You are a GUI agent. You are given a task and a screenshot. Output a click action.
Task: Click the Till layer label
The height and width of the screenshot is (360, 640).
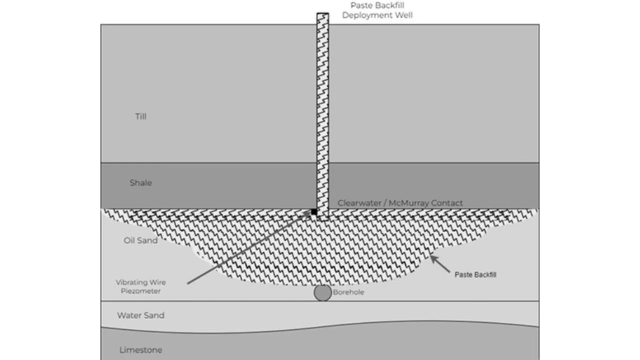point(140,116)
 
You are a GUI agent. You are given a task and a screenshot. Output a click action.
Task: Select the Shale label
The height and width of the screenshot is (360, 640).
point(140,183)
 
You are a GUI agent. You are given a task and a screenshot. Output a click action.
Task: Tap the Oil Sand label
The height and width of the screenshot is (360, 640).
point(140,240)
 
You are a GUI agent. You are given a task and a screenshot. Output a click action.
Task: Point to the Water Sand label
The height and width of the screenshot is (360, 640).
point(140,315)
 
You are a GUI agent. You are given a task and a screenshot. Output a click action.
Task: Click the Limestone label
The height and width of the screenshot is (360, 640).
point(140,350)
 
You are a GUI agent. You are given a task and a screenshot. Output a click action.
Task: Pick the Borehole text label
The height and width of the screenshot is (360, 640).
point(348,292)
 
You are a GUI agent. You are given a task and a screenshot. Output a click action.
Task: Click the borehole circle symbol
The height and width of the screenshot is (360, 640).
point(322,293)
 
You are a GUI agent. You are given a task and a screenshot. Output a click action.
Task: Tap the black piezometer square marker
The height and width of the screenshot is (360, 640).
point(314,212)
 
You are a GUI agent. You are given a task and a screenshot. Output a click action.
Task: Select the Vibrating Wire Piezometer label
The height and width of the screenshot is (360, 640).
point(140,286)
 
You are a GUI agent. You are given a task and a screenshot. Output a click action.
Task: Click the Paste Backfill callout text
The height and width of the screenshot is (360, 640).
point(475,274)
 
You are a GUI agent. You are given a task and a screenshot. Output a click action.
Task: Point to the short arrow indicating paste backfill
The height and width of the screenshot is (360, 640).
point(440,264)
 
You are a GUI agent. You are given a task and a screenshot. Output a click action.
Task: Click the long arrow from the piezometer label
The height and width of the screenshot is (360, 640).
point(250,247)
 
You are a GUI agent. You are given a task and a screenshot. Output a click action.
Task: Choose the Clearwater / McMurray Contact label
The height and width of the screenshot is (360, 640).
point(400,203)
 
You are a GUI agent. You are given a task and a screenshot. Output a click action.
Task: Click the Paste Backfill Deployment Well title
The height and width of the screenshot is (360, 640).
point(377,10)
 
